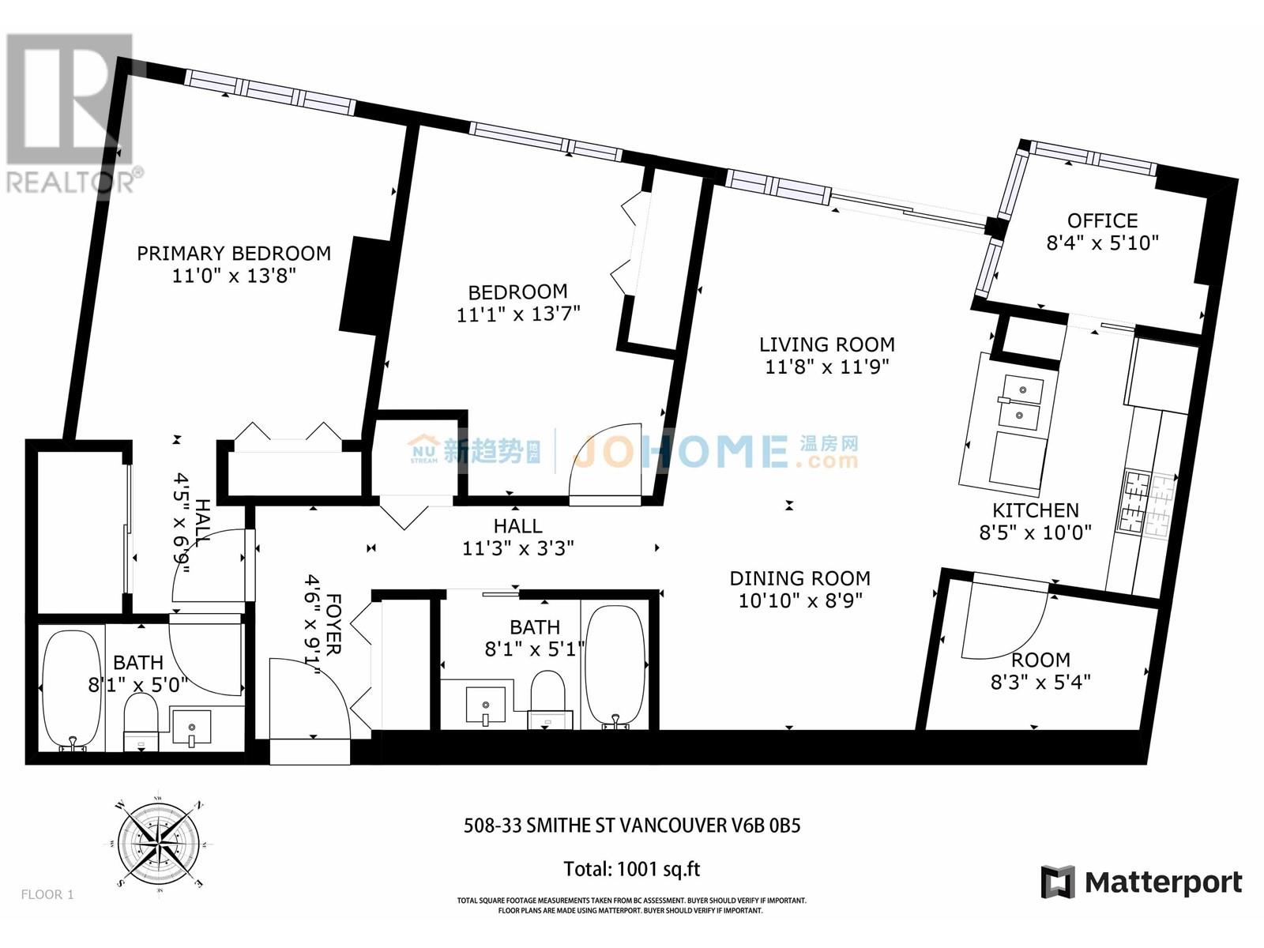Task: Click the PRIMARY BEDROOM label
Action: [x=234, y=254]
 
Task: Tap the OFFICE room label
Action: [x=1102, y=220]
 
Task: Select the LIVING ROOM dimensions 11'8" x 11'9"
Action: [x=827, y=367]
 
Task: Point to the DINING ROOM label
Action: [x=799, y=578]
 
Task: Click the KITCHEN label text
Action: [x=1035, y=510]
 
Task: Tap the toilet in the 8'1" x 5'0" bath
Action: [x=142, y=720]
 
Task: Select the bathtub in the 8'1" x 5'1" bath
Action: [x=615, y=665]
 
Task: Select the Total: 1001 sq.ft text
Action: [x=631, y=870]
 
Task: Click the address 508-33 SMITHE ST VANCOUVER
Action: [x=631, y=826]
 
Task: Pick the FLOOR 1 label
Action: [x=47, y=894]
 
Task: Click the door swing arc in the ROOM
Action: [x=1003, y=624]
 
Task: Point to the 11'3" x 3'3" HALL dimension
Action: [x=517, y=548]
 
